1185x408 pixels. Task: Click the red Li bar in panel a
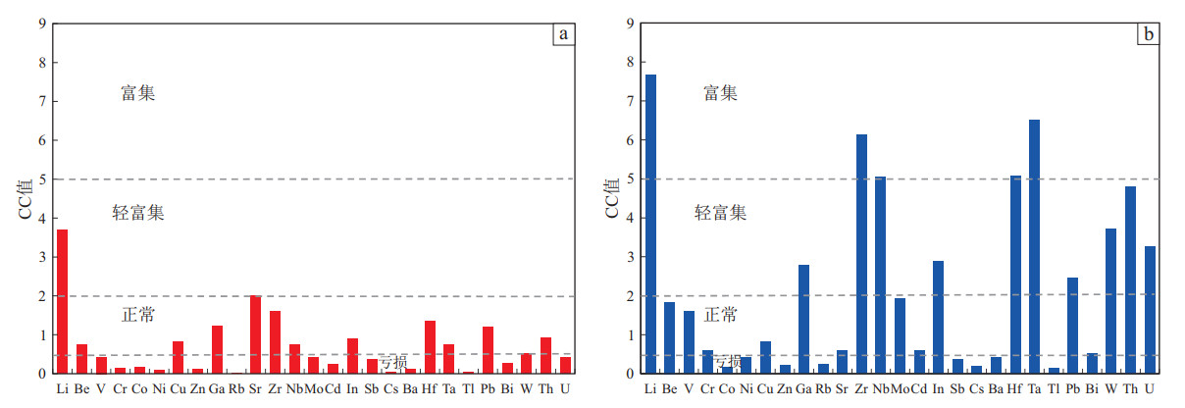[63, 301]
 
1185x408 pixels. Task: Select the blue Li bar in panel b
[650, 224]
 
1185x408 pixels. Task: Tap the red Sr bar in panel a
[255, 334]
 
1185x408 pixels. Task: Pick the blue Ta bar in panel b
[1034, 246]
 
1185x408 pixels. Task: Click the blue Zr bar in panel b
[861, 254]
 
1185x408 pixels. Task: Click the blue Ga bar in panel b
[804, 319]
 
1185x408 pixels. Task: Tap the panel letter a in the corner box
[563, 35]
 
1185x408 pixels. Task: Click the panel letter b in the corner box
[1147, 35]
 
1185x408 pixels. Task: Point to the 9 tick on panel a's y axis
[41, 24]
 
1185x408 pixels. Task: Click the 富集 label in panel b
[721, 93]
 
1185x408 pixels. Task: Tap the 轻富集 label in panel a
[138, 213]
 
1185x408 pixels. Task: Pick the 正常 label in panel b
[721, 315]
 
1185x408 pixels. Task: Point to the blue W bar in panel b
[1110, 301]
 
